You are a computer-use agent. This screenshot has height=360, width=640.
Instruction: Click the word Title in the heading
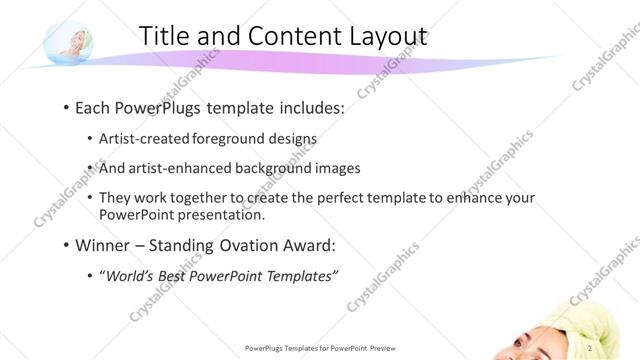164,36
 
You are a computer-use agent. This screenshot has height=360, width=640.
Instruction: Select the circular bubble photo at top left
69,42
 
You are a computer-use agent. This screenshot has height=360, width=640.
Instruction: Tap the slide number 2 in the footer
591,348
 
